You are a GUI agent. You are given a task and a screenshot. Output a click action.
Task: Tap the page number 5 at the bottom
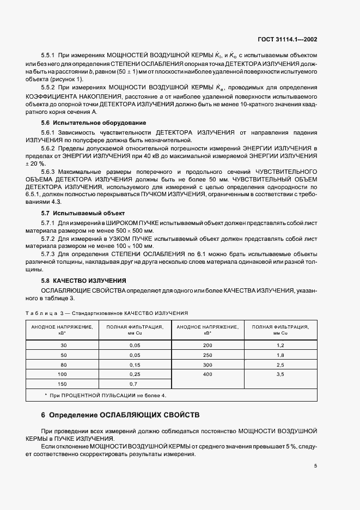pos(315,466)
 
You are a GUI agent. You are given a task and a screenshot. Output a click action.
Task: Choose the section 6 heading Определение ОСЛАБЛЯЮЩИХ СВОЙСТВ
pos(121,415)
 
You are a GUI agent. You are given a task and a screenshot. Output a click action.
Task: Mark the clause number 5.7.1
pos(50,223)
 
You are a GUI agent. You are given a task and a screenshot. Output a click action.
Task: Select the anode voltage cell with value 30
pos(63,345)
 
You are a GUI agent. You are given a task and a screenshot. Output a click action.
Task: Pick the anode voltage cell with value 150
pos(63,384)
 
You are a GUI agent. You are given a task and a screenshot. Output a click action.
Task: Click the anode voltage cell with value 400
pos(208,374)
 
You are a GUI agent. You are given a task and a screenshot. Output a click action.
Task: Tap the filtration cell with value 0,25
pos(135,374)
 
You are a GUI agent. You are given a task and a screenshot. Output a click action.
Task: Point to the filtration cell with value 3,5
pos(280,374)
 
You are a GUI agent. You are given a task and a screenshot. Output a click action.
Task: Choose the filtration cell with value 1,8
pos(280,355)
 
